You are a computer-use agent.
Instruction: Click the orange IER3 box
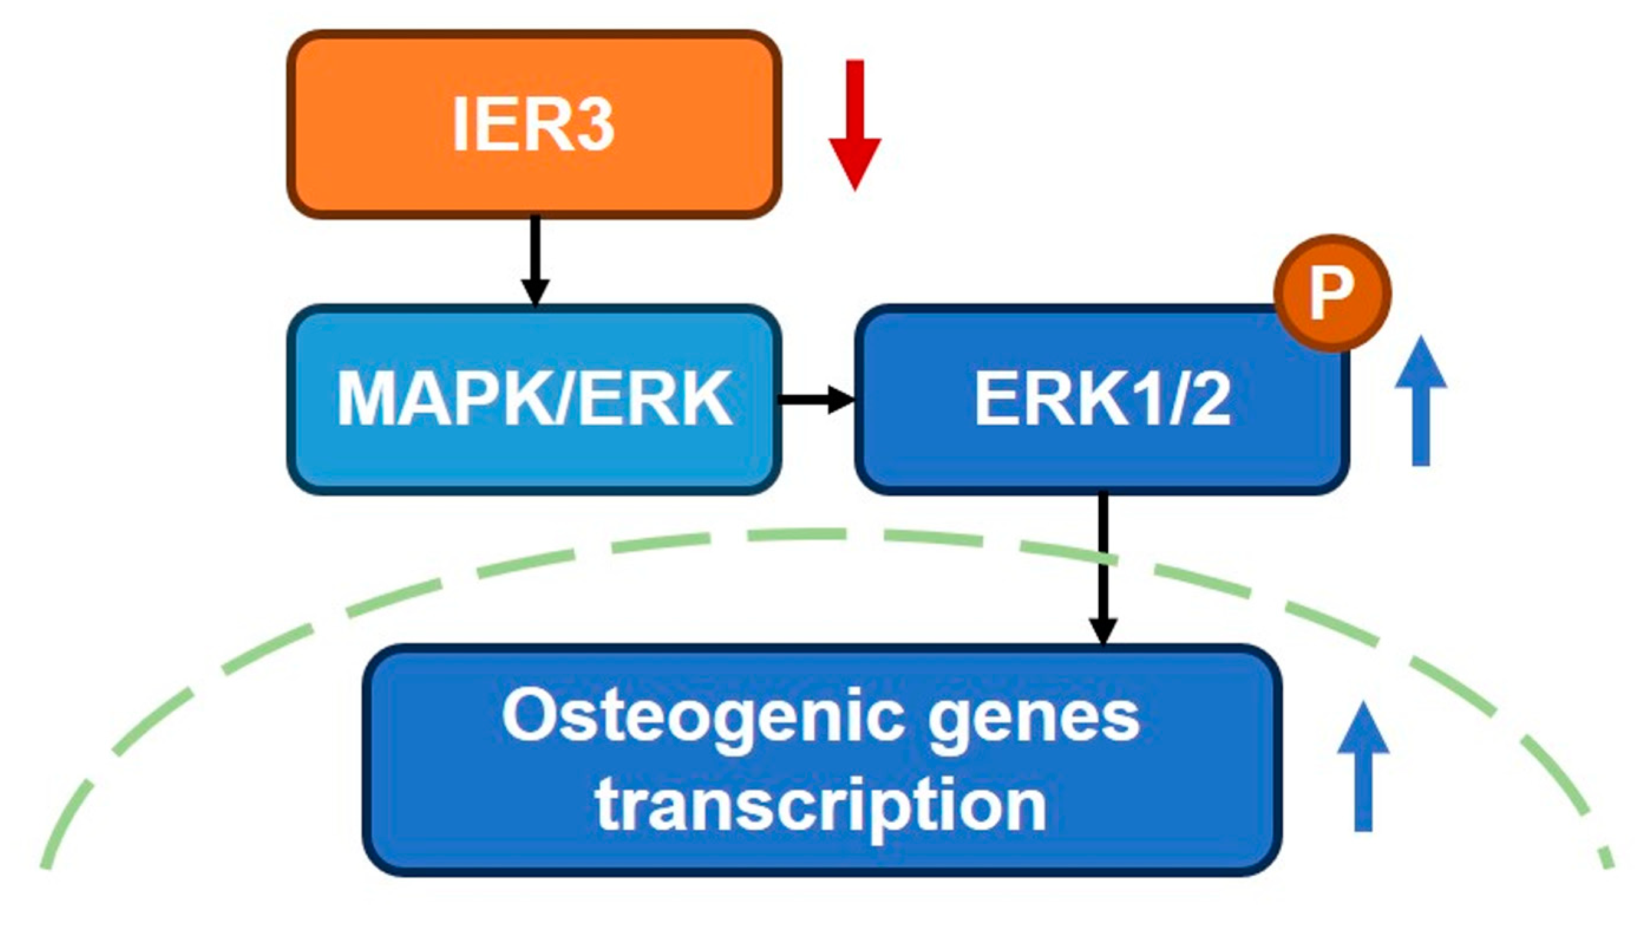click(x=534, y=124)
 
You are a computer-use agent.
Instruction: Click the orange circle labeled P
click(x=1332, y=293)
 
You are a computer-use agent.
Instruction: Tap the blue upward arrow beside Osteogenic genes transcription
click(x=1364, y=767)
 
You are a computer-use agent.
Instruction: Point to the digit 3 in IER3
click(x=592, y=124)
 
